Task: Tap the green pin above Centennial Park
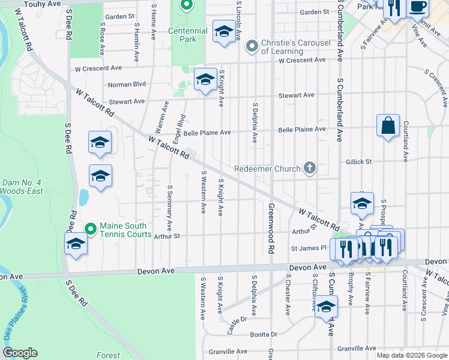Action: pos(186,6)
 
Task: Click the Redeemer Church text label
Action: pos(267,169)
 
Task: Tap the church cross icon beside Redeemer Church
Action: pos(310,168)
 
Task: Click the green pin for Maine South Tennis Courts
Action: pos(91,229)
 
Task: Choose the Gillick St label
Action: pos(359,162)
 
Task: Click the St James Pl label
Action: pos(308,248)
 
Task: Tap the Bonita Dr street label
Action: pos(265,334)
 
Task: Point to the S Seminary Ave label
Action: pos(170,208)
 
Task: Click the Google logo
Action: pos(20,353)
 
